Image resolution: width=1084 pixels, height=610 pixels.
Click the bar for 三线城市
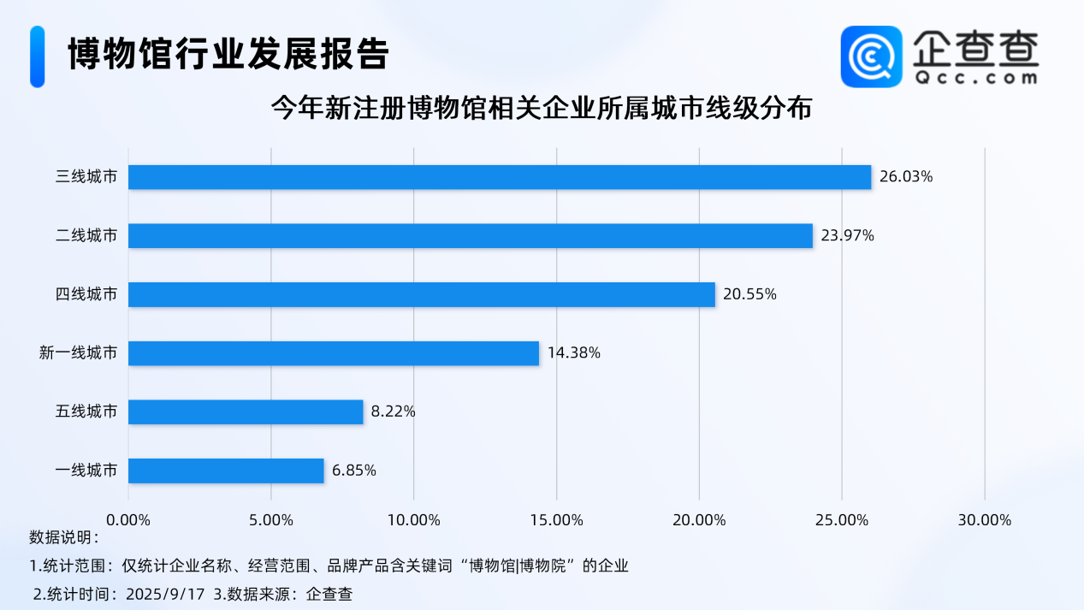500,177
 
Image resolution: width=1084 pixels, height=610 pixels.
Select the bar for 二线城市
471,236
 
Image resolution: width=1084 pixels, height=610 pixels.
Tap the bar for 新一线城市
334,353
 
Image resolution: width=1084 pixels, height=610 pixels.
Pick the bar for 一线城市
226,471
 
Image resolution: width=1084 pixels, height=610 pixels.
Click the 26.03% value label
906,177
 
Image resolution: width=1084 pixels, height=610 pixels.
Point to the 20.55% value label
749,294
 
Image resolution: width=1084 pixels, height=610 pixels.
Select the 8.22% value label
394,412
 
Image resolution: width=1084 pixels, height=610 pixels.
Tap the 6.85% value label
354,471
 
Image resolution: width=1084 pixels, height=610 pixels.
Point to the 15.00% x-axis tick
556,520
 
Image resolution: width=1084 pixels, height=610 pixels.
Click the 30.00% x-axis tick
985,520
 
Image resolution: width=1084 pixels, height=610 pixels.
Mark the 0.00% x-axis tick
128,520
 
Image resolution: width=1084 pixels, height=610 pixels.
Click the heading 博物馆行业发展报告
228,55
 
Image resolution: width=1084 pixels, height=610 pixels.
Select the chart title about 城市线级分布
541,109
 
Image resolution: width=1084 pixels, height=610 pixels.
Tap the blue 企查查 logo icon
871,56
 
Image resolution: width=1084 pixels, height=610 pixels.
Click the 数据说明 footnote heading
63,538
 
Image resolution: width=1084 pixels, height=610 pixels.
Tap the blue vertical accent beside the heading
37,56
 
